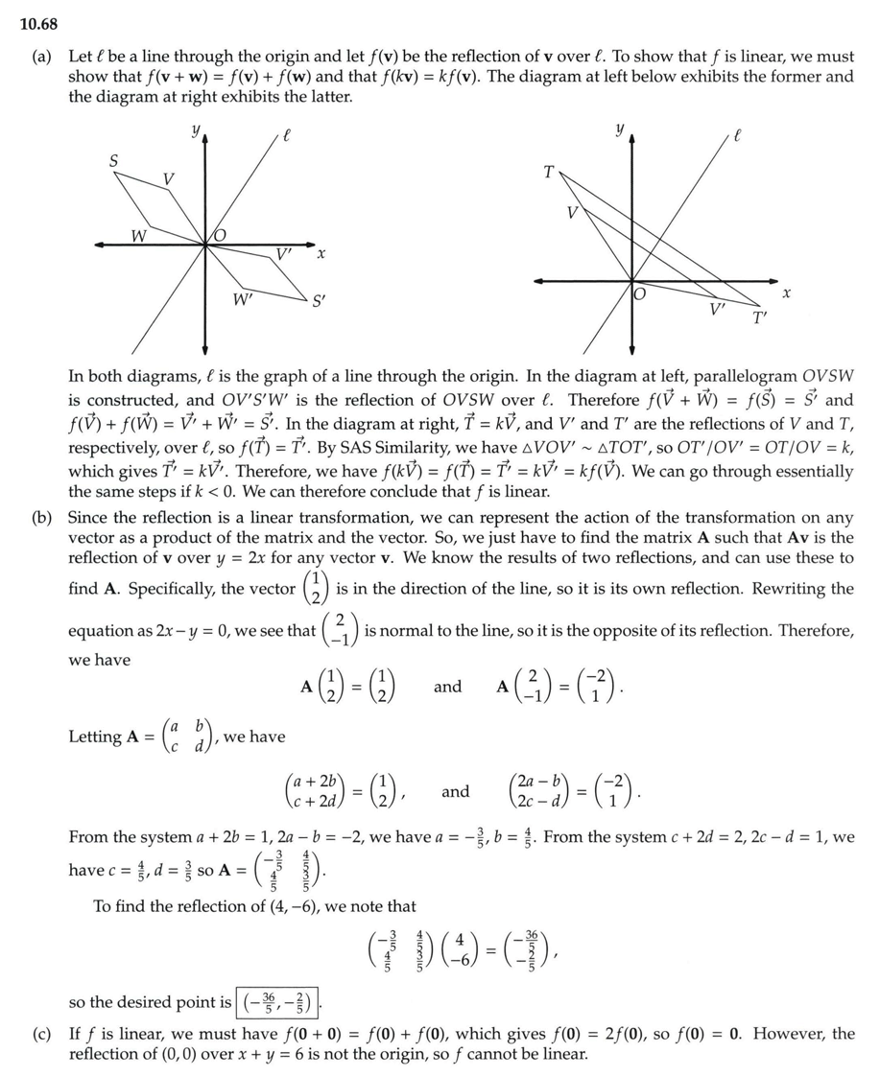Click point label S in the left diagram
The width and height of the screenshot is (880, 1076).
[x=112, y=162]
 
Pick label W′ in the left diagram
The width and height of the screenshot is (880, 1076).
[x=244, y=298]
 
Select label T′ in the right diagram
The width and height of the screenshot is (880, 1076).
[x=760, y=318]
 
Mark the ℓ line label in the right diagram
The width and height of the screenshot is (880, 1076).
[x=737, y=137]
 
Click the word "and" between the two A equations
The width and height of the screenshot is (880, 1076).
[x=447, y=687]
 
